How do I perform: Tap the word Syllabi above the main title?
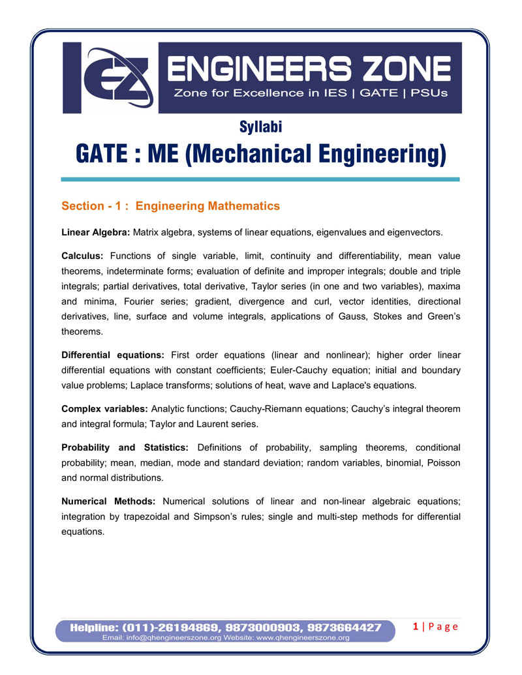click(x=260, y=128)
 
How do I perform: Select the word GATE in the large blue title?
click(x=104, y=155)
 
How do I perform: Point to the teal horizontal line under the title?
click(x=260, y=179)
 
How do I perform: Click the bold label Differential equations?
click(x=112, y=355)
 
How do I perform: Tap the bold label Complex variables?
click(x=104, y=409)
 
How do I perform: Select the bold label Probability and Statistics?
click(x=125, y=447)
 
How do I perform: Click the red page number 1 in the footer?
click(x=416, y=627)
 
